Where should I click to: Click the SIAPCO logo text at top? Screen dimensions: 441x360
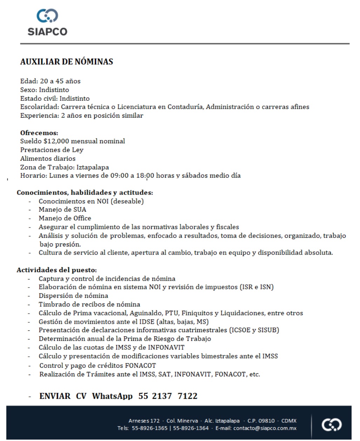[47, 32]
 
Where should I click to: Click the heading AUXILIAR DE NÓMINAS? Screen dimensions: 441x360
[67, 62]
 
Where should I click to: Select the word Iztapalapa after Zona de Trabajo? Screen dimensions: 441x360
[93, 167]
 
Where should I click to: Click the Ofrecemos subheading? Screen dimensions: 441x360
[39, 133]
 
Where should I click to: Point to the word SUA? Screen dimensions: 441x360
[80, 210]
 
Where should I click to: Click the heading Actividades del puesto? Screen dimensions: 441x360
[56, 270]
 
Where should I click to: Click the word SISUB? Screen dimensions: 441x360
[268, 330]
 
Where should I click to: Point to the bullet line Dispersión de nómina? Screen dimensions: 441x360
[73, 296]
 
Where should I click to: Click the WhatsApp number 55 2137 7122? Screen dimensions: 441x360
[168, 396]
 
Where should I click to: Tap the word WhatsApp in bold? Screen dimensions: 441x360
[112, 396]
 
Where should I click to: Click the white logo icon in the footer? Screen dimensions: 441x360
[332, 425]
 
